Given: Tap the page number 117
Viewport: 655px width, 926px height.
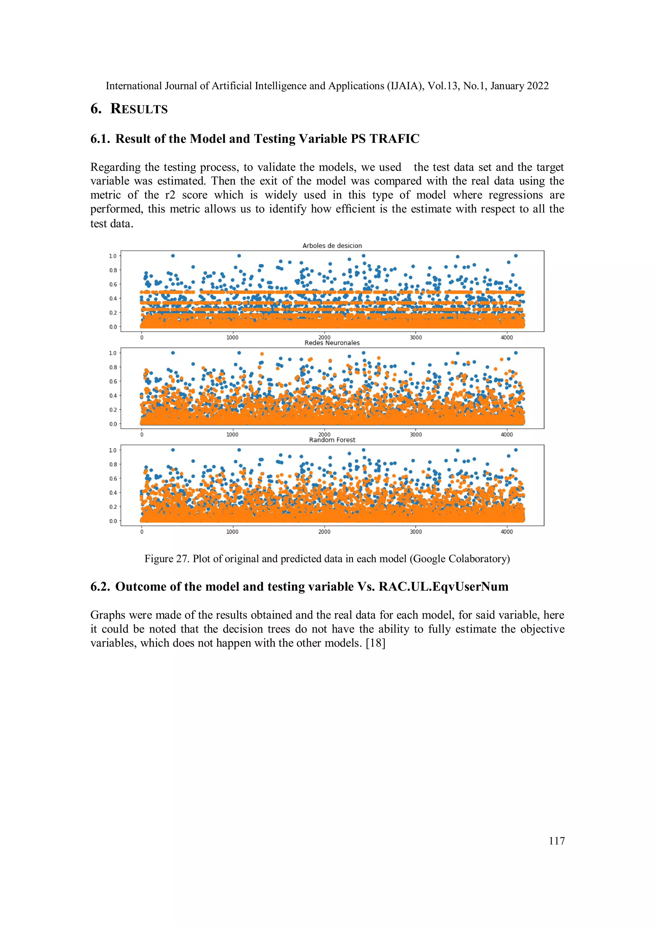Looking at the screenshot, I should point(556,841).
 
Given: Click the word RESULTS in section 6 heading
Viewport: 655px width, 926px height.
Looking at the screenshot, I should point(139,109).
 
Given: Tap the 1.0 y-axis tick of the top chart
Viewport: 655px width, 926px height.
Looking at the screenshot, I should point(113,256).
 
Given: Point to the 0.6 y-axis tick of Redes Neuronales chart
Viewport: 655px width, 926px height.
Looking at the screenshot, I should point(113,382).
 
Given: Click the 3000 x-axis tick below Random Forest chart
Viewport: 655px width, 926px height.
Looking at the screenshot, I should point(416,532).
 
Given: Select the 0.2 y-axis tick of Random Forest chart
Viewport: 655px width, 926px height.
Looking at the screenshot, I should point(113,507).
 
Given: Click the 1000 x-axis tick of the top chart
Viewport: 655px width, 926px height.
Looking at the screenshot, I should point(232,338).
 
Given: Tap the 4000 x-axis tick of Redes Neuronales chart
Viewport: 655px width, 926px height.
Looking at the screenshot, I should point(507,435).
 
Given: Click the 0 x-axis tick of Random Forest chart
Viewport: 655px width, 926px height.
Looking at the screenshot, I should point(142,532).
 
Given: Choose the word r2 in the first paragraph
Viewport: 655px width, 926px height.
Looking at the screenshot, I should point(170,195).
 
